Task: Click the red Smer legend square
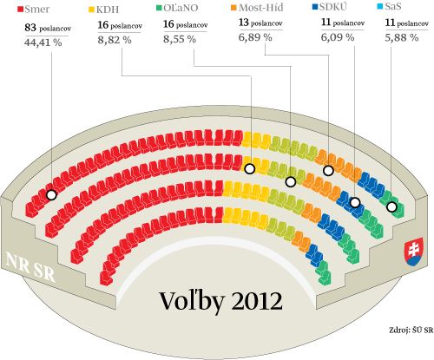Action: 20,10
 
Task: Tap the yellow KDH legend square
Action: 91,10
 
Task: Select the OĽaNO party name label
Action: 181,8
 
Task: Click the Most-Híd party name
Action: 261,8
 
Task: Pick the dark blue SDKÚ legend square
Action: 315,7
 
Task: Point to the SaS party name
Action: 393,6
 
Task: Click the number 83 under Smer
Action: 30,28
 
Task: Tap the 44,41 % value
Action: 43,43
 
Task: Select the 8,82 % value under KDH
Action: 115,40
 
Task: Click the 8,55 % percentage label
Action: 180,39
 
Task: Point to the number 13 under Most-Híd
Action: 243,23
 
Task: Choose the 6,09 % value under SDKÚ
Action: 338,37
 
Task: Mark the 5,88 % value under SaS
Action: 402,37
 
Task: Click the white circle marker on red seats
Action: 51,195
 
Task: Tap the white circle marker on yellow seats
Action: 250,168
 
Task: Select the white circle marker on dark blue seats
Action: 355,203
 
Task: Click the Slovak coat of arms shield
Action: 414,252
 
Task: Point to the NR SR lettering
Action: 30,267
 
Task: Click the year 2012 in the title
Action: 257,301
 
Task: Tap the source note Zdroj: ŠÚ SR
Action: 411,330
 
